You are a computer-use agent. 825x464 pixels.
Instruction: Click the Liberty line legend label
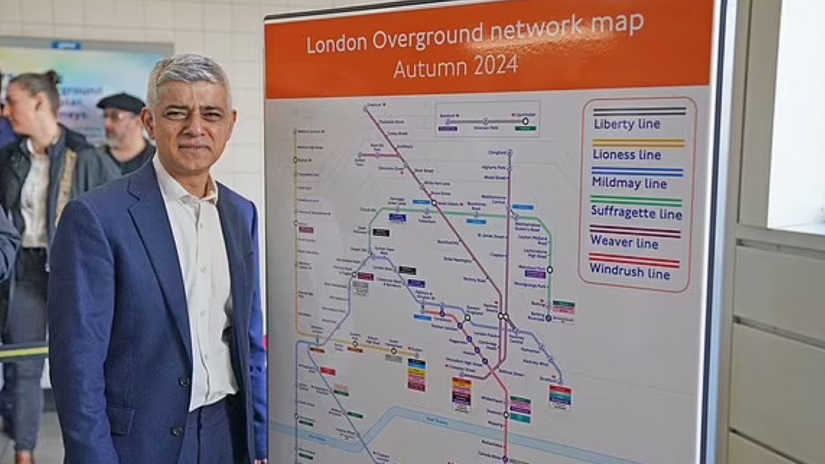point(626,124)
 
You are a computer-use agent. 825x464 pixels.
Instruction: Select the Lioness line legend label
point(627,155)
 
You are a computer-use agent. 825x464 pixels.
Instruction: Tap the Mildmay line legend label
point(629,183)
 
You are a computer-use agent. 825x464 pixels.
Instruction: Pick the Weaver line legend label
point(624,243)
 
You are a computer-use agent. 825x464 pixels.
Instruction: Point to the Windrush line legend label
point(630,272)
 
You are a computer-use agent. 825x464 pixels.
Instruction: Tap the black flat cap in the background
point(121,102)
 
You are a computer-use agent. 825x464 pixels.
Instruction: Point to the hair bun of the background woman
point(52,77)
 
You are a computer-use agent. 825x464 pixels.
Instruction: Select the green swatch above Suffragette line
point(636,200)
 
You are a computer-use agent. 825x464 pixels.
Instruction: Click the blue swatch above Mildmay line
point(637,171)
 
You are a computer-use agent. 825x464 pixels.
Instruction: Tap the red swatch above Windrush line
point(634,260)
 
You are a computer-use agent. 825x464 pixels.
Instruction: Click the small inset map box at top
point(487,119)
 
